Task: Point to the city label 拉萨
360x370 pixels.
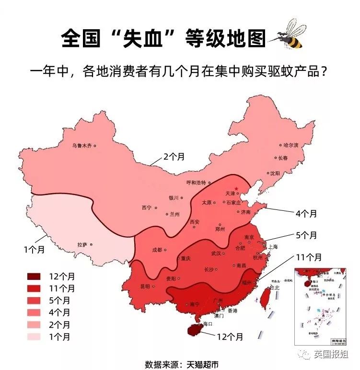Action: [82, 244]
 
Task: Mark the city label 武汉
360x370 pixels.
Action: [217, 254]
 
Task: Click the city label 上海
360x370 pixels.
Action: [273, 247]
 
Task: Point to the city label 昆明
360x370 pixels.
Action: [145, 286]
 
